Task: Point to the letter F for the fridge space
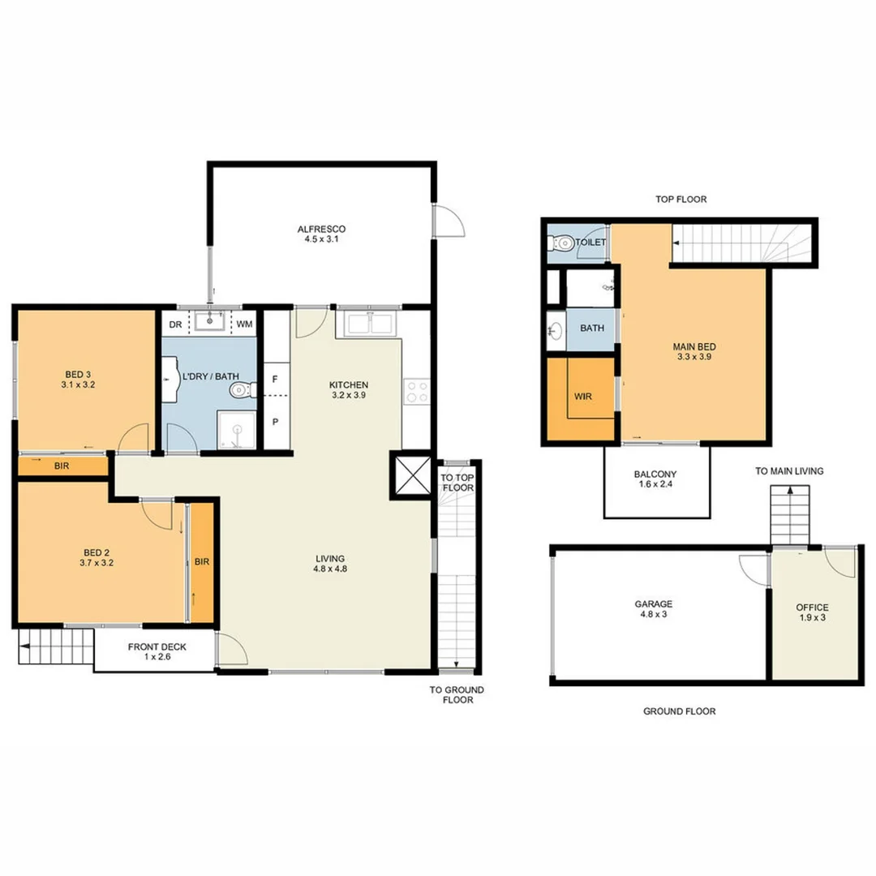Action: [276, 379]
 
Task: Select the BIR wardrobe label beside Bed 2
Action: [202, 561]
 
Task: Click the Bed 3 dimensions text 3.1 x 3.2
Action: [78, 385]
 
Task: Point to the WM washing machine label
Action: [244, 324]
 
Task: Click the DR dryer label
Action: [174, 324]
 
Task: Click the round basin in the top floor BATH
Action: [555, 331]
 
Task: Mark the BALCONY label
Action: [656, 474]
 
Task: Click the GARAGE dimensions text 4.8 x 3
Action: [654, 614]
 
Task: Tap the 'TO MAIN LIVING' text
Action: [789, 470]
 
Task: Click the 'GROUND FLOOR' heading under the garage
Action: [679, 711]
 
